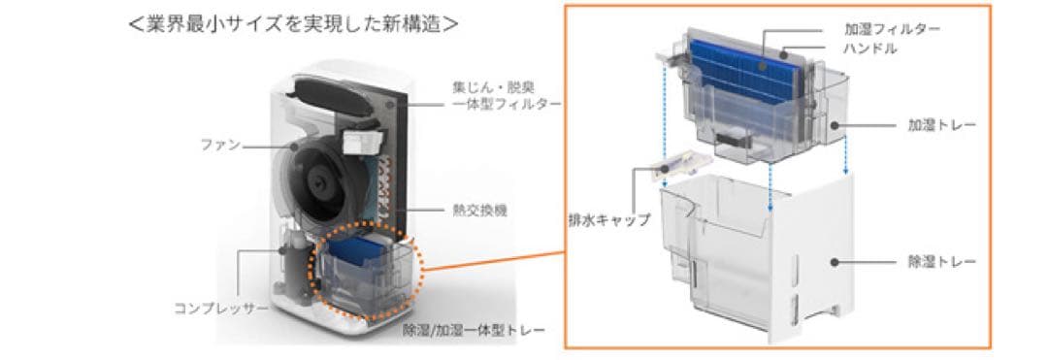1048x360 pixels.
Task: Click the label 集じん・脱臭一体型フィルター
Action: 506,94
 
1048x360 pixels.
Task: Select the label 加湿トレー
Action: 941,125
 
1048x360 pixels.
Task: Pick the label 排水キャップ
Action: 609,219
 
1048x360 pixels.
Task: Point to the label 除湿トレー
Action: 941,262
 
